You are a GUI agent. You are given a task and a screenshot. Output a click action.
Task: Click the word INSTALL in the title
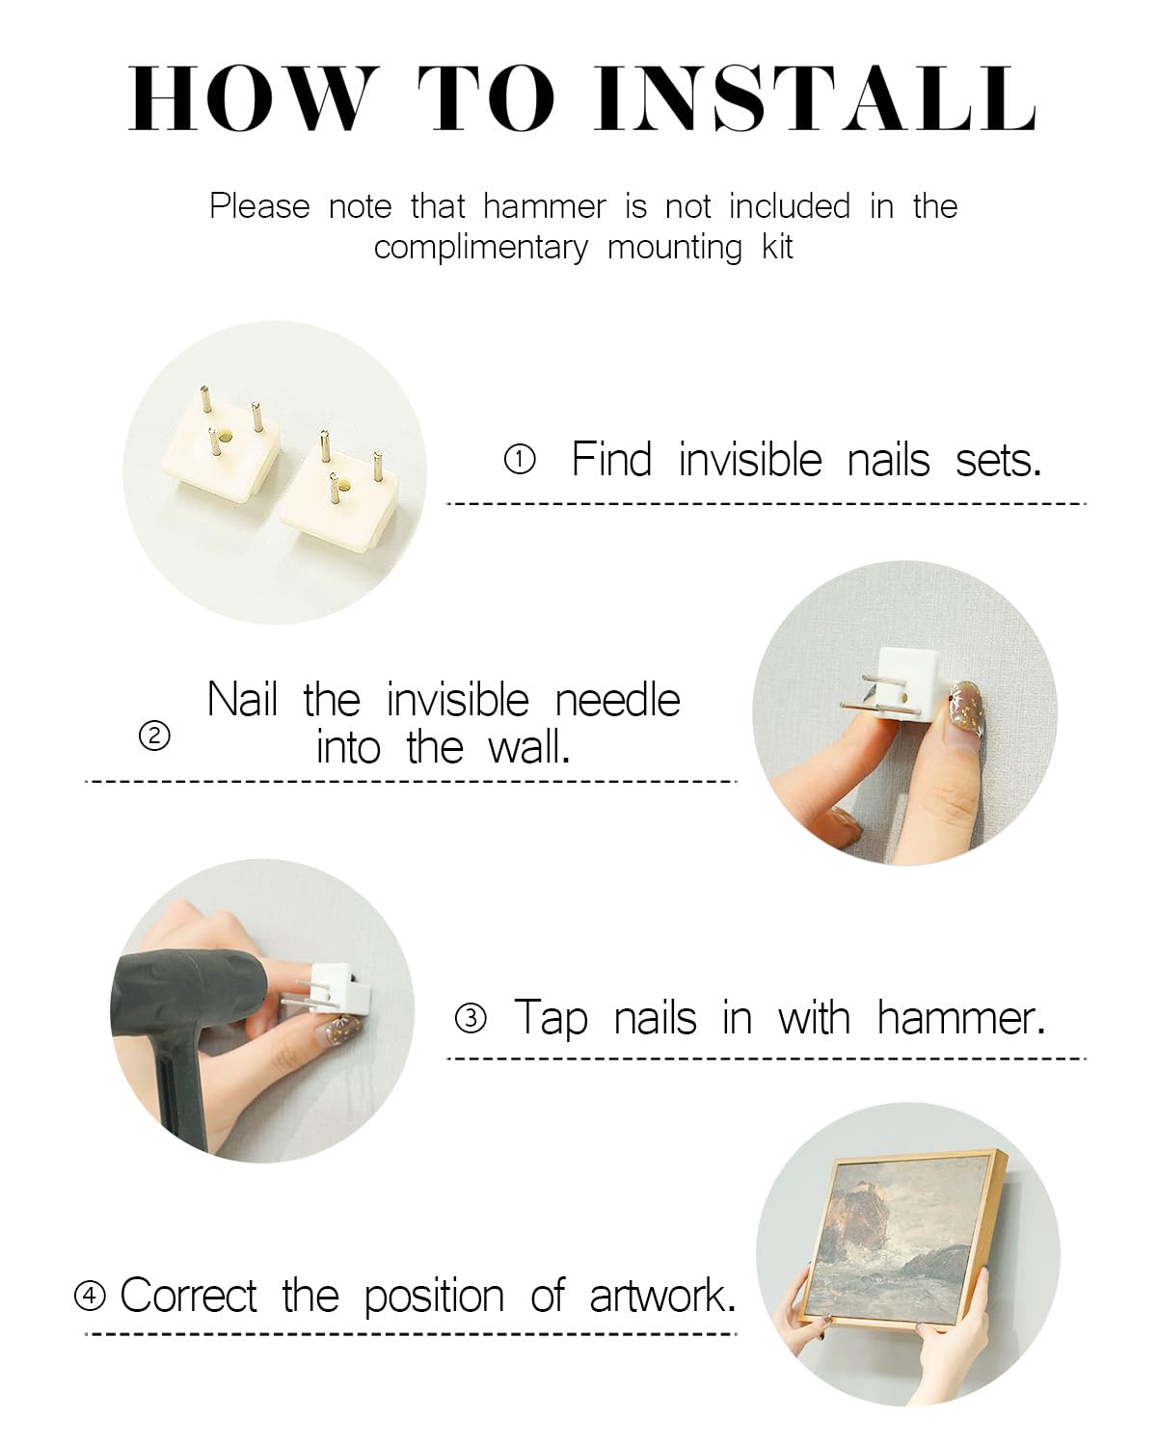point(815,98)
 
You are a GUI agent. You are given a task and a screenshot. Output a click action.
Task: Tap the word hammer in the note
point(545,206)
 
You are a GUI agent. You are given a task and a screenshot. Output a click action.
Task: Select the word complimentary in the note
point(481,248)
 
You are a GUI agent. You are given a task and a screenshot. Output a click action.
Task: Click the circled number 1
point(520,460)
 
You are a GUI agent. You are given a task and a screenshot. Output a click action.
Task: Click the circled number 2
point(154,736)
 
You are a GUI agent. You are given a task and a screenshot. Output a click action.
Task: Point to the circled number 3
point(471,1018)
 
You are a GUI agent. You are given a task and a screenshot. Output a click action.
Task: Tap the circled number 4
point(90,1296)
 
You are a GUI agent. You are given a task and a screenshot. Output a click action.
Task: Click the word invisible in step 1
point(750,460)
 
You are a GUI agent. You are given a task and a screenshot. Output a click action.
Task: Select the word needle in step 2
point(617,700)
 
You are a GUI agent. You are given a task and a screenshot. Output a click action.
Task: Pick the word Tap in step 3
point(551,1019)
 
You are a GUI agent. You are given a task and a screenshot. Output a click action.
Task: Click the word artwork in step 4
point(662,1296)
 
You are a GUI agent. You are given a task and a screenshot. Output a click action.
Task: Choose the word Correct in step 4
point(188,1296)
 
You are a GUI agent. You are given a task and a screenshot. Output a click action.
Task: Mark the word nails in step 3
point(655,1019)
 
